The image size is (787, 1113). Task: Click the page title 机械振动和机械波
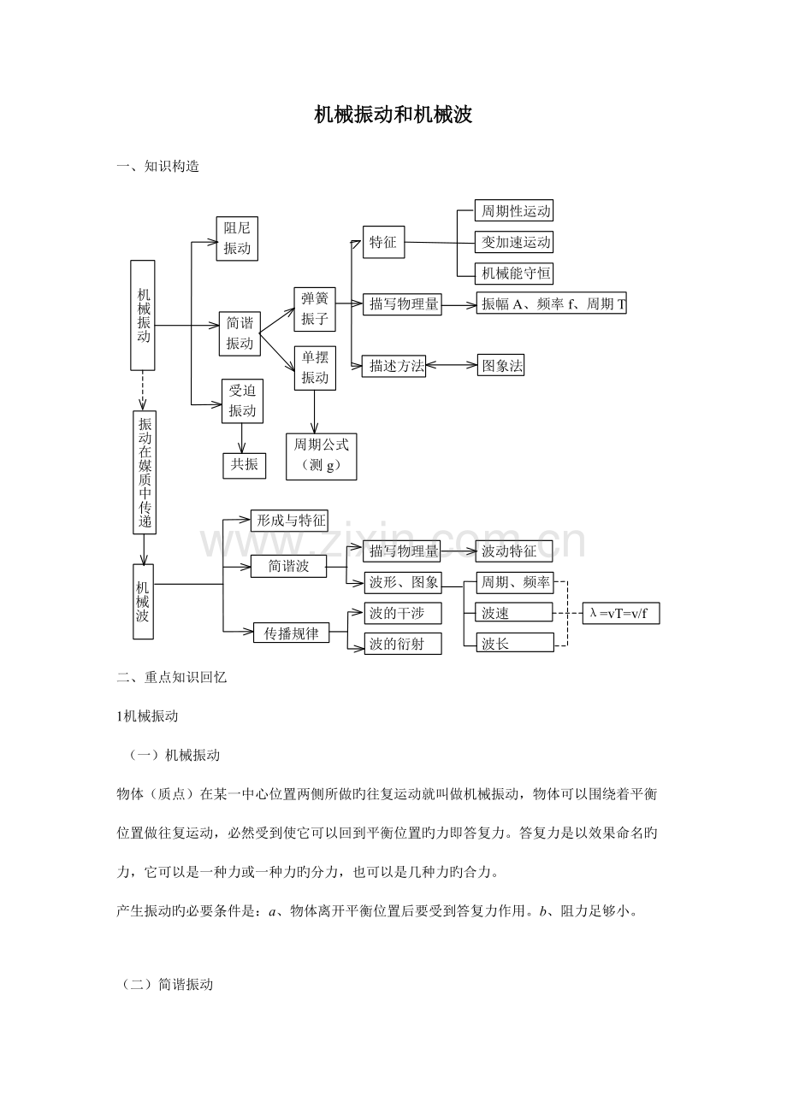click(393, 115)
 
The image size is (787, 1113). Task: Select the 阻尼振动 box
click(237, 238)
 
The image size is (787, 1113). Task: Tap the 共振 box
click(244, 466)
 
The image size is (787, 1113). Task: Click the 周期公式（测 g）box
click(321, 456)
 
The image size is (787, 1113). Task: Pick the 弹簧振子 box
click(315, 309)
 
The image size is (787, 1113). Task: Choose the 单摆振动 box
click(315, 368)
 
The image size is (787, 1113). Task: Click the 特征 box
click(384, 242)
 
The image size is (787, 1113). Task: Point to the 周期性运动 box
click(514, 210)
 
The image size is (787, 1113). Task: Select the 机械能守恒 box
click(514, 274)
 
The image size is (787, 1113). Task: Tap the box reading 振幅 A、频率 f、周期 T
click(552, 303)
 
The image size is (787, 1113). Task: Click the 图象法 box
click(500, 365)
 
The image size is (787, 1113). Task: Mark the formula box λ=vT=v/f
click(621, 614)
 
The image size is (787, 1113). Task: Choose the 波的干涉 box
click(403, 613)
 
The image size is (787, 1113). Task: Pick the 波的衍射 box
click(403, 644)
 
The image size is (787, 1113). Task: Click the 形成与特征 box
click(289, 521)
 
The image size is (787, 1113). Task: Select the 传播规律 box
click(292, 633)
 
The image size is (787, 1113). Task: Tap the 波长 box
click(515, 643)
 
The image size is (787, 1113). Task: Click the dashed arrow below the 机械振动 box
click(143, 391)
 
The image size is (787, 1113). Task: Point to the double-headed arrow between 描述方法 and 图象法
click(452, 365)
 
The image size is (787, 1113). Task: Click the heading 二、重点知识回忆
click(172, 677)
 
